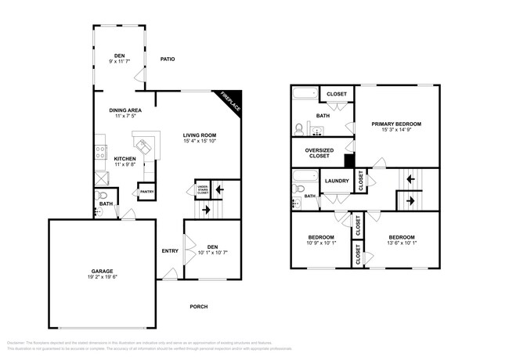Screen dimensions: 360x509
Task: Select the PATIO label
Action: point(167,59)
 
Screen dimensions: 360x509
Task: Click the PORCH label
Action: point(199,306)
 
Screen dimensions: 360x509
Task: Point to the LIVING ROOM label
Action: point(199,134)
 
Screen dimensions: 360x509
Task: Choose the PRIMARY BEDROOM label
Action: point(396,124)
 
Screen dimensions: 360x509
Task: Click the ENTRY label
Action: point(170,250)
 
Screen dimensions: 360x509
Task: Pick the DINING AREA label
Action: point(125,110)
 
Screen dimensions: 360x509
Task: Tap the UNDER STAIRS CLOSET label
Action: point(201,189)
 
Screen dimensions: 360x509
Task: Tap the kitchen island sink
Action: point(144,144)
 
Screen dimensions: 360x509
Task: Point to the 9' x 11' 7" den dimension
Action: point(120,62)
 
